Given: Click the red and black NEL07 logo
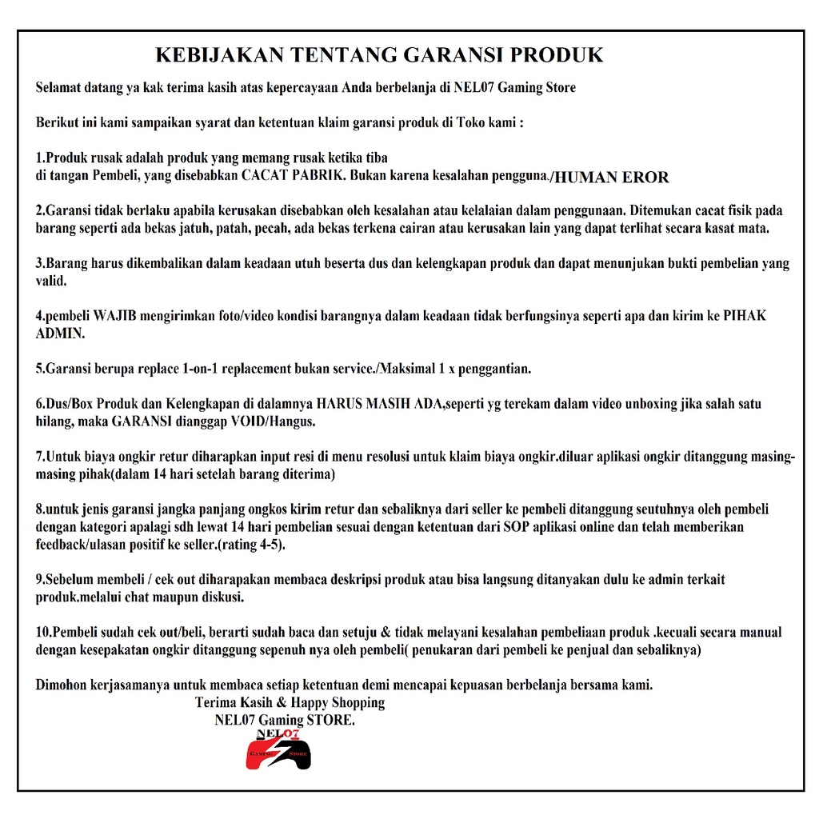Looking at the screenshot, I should coord(278,749).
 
